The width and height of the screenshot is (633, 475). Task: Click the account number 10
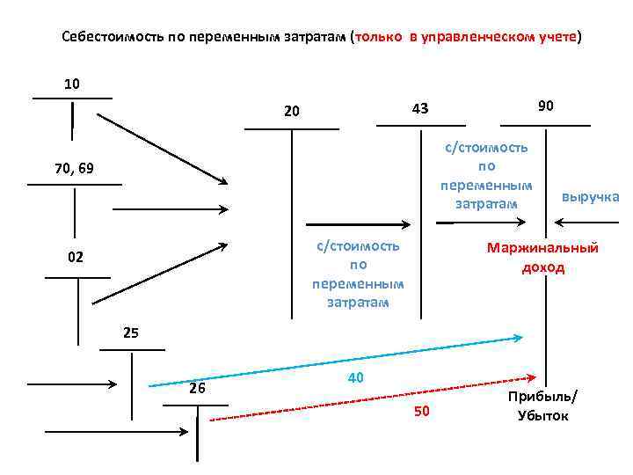tap(72, 84)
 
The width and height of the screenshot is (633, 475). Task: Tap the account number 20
tap(292, 112)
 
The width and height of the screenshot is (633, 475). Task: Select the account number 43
tap(419, 109)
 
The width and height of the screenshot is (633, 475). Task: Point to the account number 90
tap(545, 106)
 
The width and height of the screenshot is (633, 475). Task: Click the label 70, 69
tap(73, 168)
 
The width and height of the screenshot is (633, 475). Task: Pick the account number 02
tap(76, 259)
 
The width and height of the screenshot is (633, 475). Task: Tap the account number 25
tap(131, 333)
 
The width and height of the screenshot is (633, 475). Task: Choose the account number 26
tap(197, 389)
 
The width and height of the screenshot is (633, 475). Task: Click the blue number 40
tap(356, 377)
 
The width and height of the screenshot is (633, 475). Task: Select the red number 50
tap(421, 413)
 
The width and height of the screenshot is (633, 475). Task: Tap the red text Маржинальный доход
tap(542, 258)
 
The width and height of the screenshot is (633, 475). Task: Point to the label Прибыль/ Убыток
tap(542, 406)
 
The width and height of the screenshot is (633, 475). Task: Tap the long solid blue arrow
tap(334, 362)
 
